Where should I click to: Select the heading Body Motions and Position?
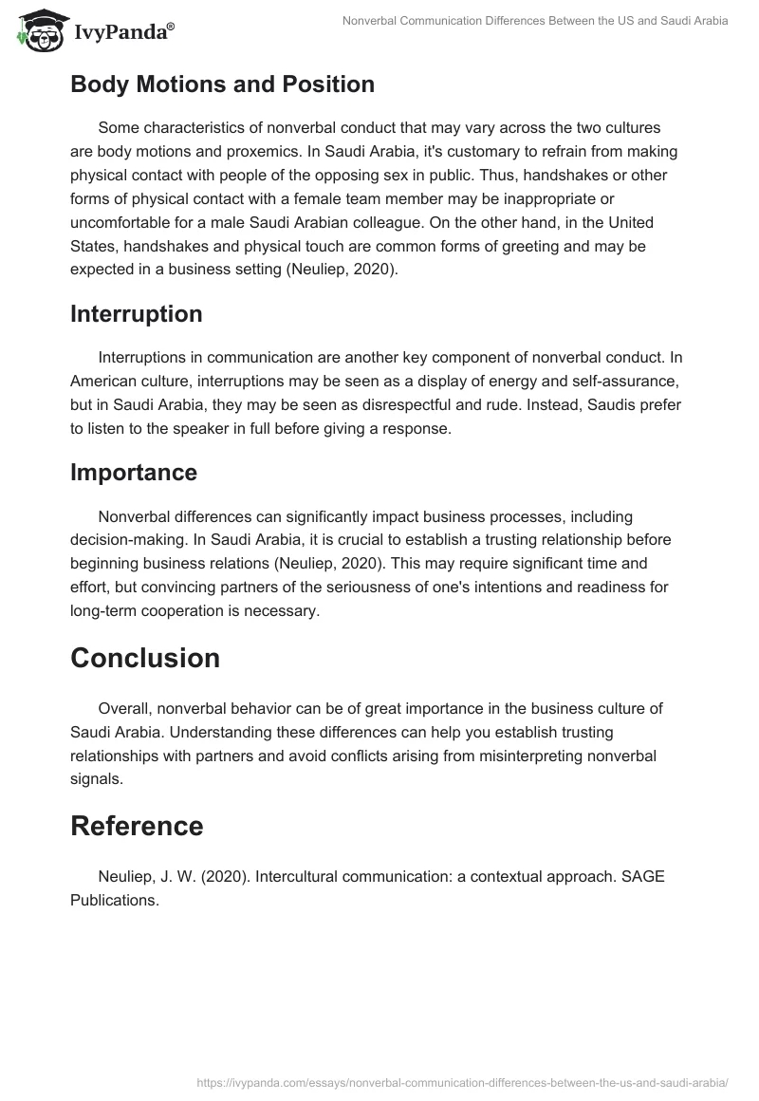click(222, 84)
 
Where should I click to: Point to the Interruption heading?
click(136, 314)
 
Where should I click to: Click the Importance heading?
click(134, 472)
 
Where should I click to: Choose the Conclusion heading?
click(145, 658)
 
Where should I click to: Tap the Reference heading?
click(137, 826)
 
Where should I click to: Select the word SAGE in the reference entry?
click(643, 876)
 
